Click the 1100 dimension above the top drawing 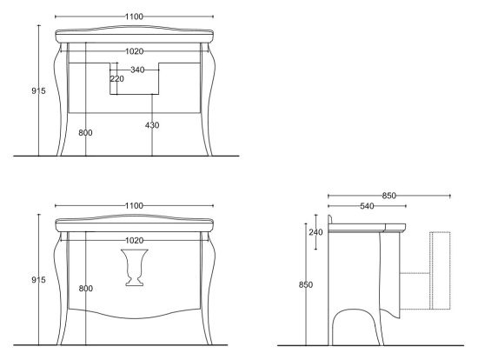134,17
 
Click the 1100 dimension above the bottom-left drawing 134,205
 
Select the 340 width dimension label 137,70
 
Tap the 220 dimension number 116,79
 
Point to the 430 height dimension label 152,125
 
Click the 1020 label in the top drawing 134,51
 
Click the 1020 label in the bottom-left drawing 134,240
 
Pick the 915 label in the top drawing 38,90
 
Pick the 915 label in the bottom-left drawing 38,280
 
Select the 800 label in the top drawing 85,133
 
